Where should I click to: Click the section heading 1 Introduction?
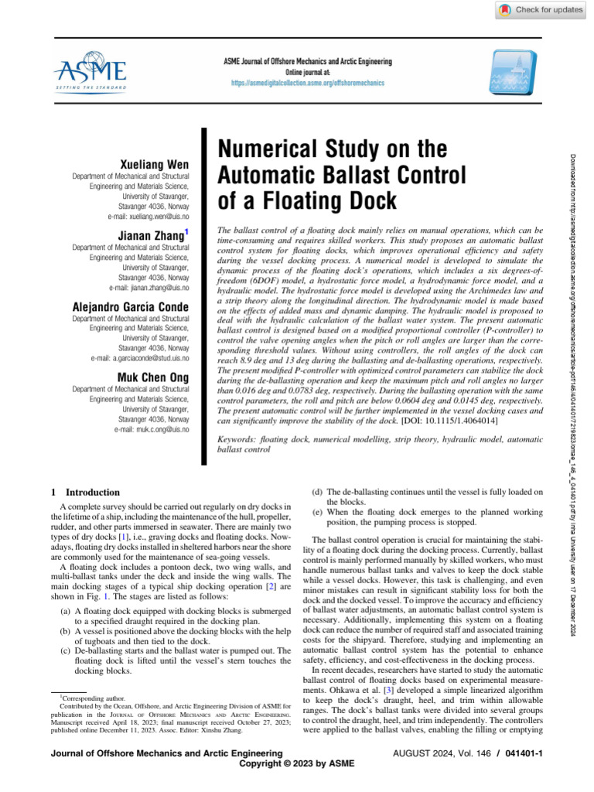coord(84,491)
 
